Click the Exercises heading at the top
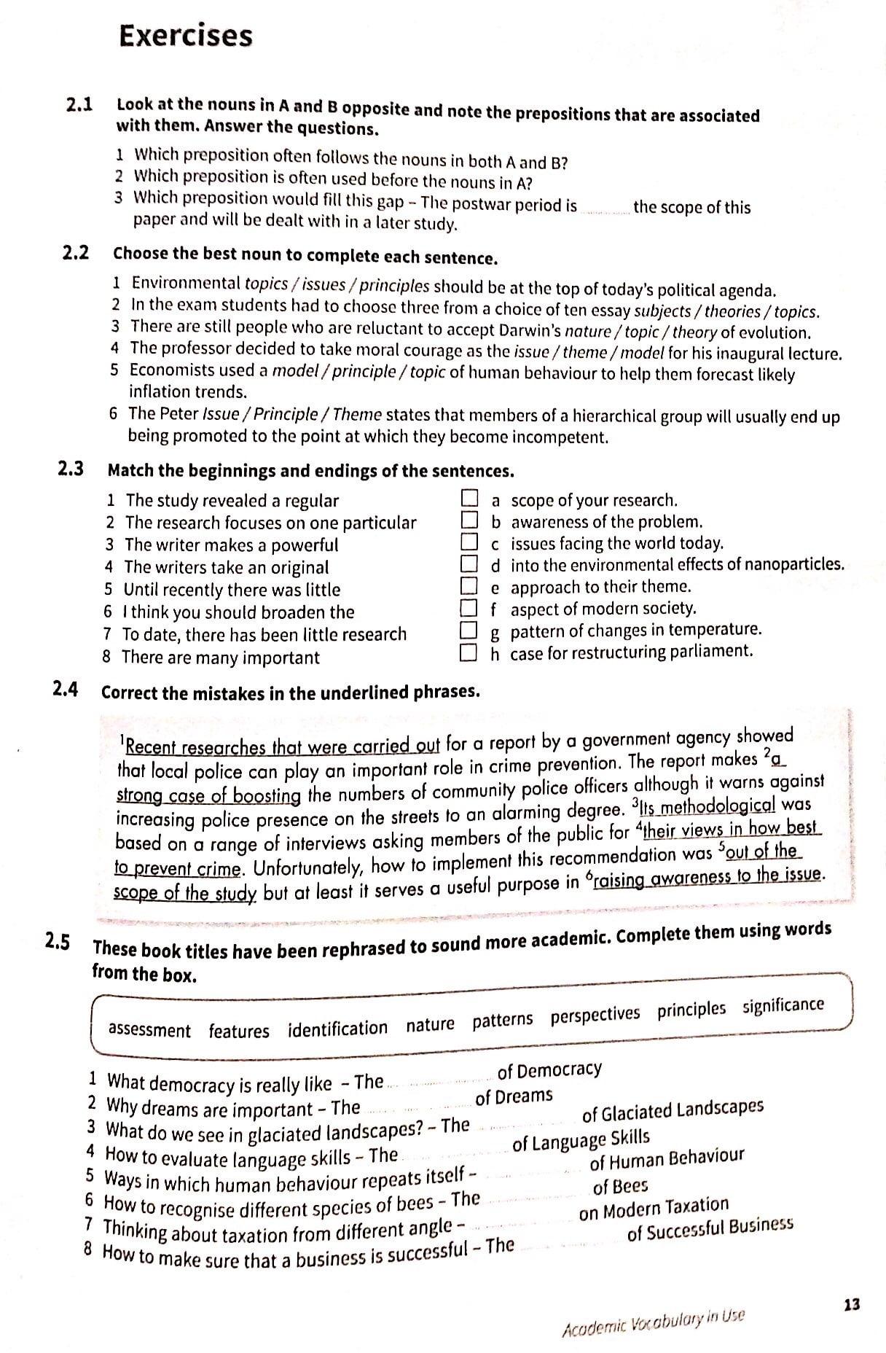(186, 36)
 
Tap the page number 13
(851, 1304)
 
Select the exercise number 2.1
(79, 105)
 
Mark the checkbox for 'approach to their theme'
(469, 586)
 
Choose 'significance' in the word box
(783, 1007)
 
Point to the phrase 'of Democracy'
(549, 1070)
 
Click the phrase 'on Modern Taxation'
(654, 1208)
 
